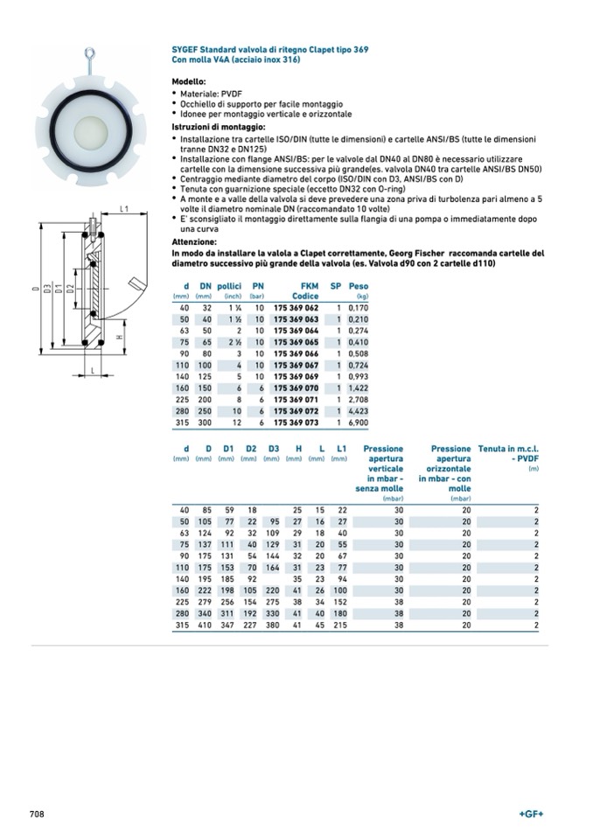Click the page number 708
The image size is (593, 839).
coord(36,814)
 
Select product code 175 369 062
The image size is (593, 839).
coord(296,308)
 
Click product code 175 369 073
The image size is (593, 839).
coord(296,422)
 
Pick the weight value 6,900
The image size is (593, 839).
coord(358,422)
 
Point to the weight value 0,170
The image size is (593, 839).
coord(358,308)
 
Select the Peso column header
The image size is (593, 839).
coord(359,286)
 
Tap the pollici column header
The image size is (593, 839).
coord(229,286)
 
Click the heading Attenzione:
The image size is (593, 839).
coord(193,241)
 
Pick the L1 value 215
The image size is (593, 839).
coord(340,624)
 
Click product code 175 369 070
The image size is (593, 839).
coord(296,388)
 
